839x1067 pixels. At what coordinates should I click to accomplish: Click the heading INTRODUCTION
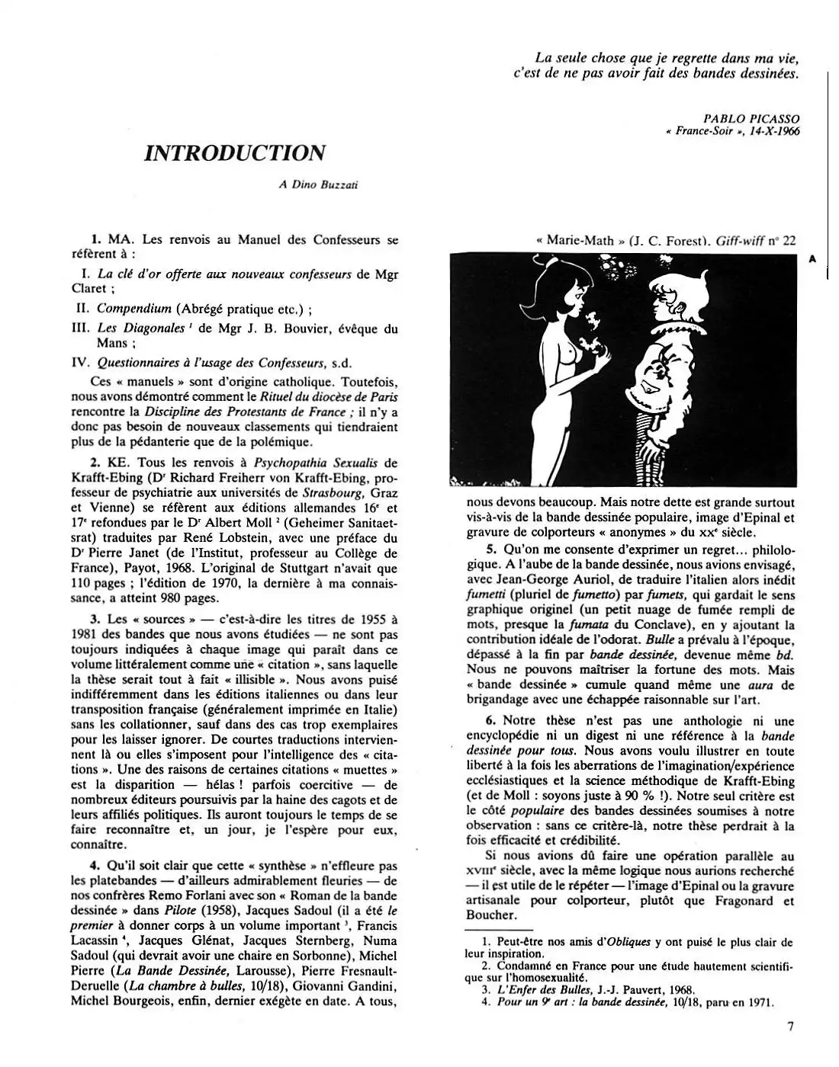coord(235,152)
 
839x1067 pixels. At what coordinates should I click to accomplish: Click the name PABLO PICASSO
coord(751,119)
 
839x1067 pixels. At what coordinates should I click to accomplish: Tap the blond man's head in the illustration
coord(666,293)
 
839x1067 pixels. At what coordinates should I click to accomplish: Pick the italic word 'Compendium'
coord(133,309)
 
